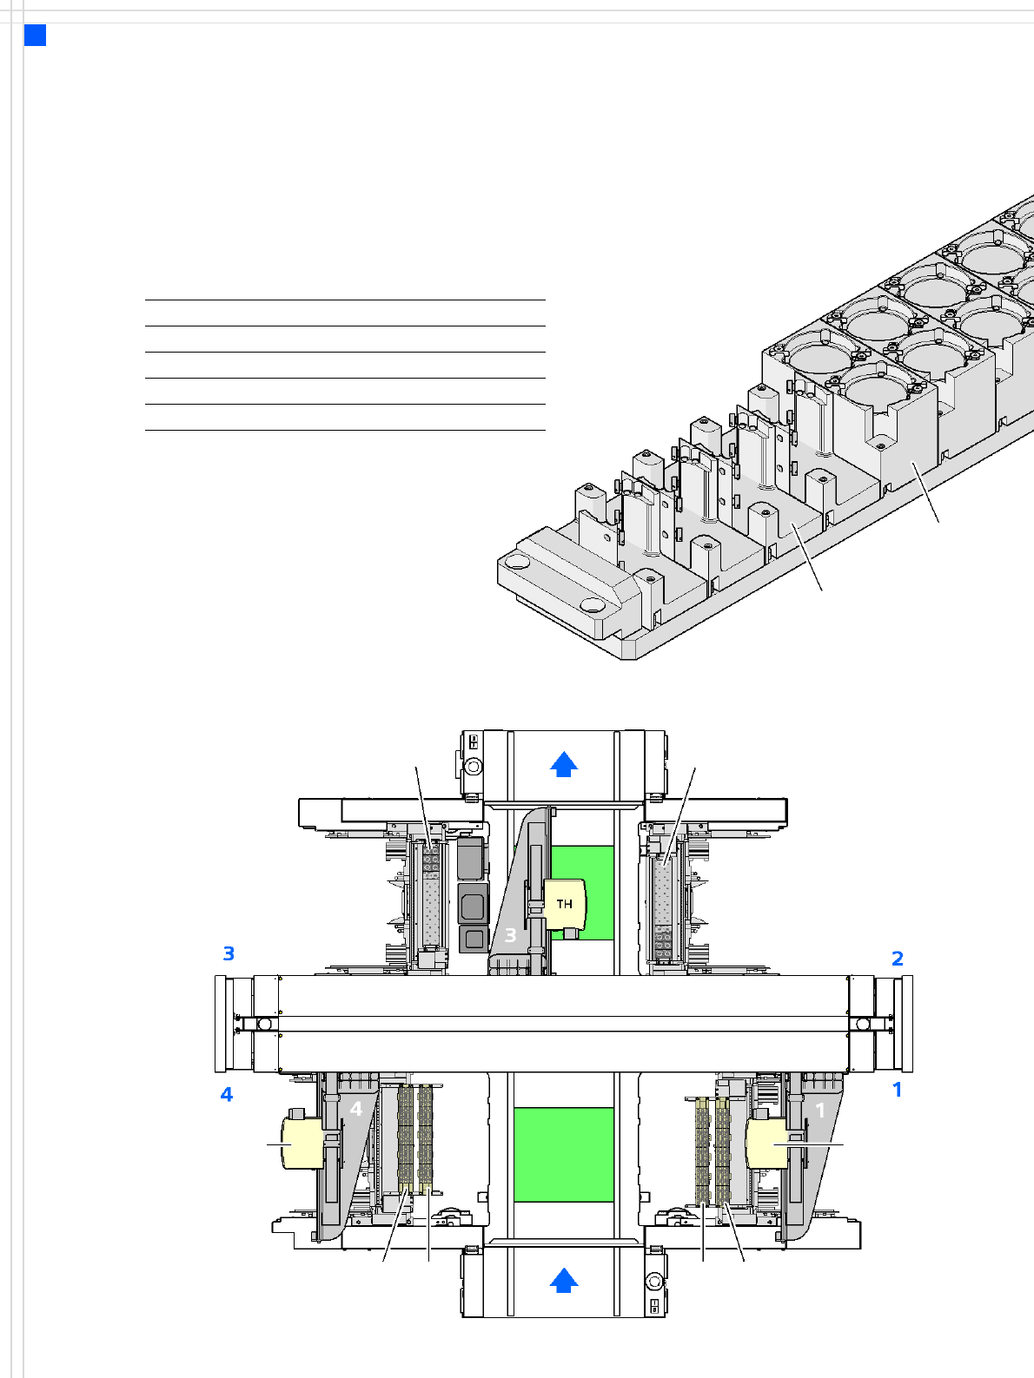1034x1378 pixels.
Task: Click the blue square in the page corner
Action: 35,35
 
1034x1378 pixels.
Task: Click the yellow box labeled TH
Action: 565,904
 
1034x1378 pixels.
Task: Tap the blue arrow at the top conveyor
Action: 563,764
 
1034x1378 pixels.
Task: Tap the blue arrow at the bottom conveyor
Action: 563,1280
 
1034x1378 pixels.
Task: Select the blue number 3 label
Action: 229,953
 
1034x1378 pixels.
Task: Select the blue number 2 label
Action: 898,959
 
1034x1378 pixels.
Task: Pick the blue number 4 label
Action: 227,1094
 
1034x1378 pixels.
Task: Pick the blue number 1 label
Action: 898,1089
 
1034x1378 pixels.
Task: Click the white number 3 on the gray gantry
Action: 510,935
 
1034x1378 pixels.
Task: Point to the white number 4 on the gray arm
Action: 356,1110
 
